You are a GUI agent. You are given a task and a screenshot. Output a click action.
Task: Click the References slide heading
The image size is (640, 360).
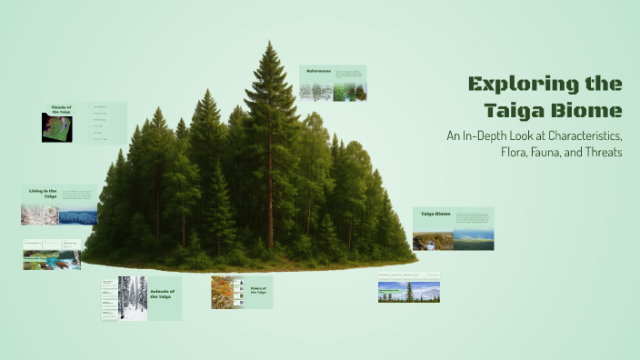click(318, 71)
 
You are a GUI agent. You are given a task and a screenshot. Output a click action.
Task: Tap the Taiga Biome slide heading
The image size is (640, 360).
click(435, 215)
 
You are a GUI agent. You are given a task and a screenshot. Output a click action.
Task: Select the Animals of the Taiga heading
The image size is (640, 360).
click(165, 292)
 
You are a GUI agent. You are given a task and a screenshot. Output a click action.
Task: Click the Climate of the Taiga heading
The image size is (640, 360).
click(61, 109)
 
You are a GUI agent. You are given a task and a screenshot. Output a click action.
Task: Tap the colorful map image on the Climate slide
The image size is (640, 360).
click(55, 128)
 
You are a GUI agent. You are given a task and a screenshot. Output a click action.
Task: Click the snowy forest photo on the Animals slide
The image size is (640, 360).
click(132, 298)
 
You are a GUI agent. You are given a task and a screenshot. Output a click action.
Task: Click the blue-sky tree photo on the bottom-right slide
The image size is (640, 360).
click(409, 292)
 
